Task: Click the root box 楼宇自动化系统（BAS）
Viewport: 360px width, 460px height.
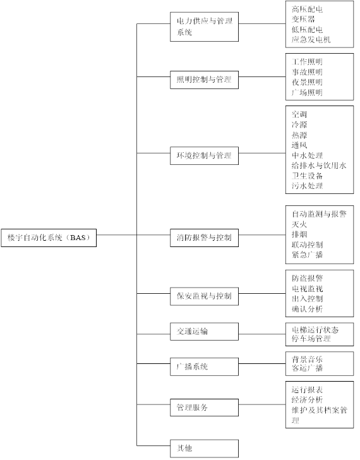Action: pyautogui.click(x=49, y=238)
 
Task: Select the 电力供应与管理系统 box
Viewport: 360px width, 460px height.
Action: pyautogui.click(x=205, y=27)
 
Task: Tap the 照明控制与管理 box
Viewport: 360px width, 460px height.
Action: pyautogui.click(x=205, y=80)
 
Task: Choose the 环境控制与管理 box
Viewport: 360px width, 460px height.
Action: pyautogui.click(x=205, y=155)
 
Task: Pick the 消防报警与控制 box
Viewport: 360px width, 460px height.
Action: pyautogui.click(x=205, y=238)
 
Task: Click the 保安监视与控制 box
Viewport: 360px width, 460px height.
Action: pyautogui.click(x=205, y=296)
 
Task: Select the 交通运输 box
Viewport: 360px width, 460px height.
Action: pyautogui.click(x=205, y=332)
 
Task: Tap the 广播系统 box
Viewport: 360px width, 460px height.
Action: pyautogui.click(x=205, y=366)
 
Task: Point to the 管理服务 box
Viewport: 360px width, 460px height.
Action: pyautogui.click(x=205, y=408)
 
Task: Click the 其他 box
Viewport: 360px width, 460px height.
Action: pyautogui.click(x=205, y=448)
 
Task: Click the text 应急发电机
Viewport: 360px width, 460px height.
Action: pyautogui.click(x=311, y=40)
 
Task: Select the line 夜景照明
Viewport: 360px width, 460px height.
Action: pyautogui.click(x=307, y=82)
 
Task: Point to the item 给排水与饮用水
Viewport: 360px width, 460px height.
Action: pyautogui.click(x=319, y=166)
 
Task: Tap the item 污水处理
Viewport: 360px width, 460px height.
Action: pyautogui.click(x=307, y=186)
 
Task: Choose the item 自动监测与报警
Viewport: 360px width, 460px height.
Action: pyautogui.click(x=319, y=214)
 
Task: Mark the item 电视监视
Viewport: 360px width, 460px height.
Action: pyautogui.click(x=307, y=289)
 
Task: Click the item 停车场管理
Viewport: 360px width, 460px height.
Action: pyautogui.click(x=311, y=339)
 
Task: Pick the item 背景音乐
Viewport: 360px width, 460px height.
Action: pyautogui.click(x=307, y=359)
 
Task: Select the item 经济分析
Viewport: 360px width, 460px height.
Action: pyautogui.click(x=307, y=400)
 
